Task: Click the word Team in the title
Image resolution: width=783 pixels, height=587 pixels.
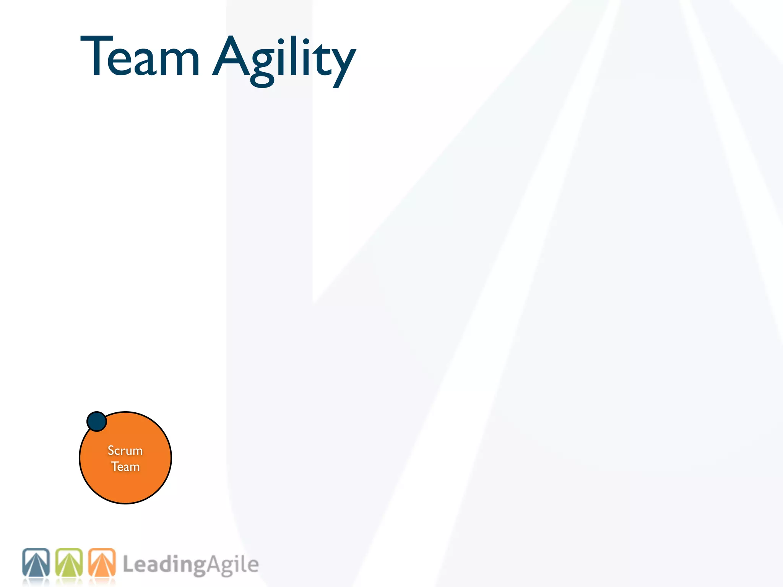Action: click(x=140, y=57)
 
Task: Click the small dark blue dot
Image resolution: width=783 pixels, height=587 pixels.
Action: click(x=97, y=422)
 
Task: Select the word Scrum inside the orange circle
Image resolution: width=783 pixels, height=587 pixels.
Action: click(x=125, y=451)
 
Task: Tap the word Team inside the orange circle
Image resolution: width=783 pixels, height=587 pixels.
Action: click(x=125, y=467)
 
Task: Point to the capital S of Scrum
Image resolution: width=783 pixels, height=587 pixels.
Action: click(x=111, y=451)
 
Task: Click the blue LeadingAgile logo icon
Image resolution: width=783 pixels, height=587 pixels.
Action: click(x=36, y=563)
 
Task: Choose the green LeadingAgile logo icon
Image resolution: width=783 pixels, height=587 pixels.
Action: click(x=69, y=563)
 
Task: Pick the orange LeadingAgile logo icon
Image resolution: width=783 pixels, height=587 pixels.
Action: click(x=102, y=563)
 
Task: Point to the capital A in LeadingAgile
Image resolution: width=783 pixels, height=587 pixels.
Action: click(x=214, y=564)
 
